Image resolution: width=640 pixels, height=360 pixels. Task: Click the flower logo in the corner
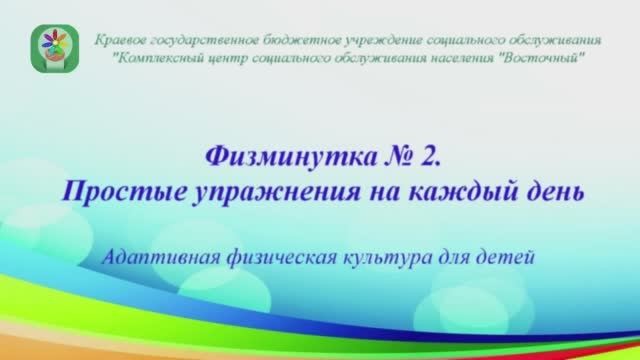coord(52,49)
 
